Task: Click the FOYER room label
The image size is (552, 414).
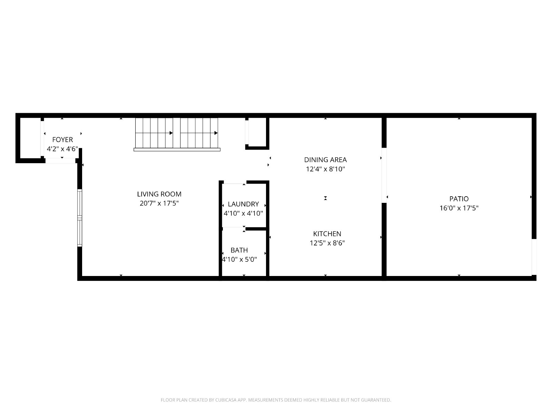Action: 62,139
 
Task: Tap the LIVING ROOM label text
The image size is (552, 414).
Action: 159,194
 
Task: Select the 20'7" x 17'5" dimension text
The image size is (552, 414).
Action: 159,203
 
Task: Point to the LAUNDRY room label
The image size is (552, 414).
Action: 243,204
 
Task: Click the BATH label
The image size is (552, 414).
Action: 239,250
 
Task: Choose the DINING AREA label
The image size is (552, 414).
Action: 325,160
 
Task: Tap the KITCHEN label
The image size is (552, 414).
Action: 327,234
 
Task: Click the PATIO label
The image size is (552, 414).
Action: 459,199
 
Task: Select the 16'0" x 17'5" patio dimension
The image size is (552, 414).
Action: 459,208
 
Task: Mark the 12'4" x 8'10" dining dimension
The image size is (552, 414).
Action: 325,169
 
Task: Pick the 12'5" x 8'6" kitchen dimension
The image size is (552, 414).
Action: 327,243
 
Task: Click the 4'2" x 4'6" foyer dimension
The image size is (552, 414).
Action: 62,149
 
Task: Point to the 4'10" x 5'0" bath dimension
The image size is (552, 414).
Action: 239,259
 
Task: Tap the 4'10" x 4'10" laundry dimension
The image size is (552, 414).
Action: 243,213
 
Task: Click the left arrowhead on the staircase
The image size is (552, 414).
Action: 171,133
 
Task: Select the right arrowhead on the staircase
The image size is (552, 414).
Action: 216,133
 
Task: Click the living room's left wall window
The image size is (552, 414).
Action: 79,218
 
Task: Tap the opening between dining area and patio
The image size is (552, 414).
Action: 384,175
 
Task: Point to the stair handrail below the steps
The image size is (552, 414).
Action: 177,150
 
